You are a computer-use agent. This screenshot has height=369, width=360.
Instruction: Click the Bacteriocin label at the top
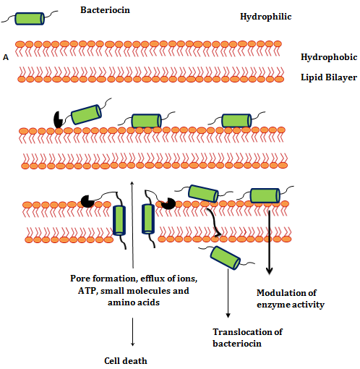coord(105,10)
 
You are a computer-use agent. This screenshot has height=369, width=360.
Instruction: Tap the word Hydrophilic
coord(266,17)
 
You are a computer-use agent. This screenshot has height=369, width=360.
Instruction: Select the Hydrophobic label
coord(329,57)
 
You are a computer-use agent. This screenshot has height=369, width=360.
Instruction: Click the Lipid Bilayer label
coord(329,77)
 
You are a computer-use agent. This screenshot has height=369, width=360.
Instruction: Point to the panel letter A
coord(6,57)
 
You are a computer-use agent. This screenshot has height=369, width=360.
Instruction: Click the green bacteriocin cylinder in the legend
coord(30,19)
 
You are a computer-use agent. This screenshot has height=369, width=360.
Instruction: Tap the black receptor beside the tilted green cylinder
coord(58,119)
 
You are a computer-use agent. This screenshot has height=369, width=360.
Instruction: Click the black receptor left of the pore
coord(87,201)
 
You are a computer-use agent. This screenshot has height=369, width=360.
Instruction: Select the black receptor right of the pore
coord(168,203)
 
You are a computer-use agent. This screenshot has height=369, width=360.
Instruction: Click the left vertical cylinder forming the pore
coord(119,221)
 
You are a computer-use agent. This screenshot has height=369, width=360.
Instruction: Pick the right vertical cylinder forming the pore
coord(148,219)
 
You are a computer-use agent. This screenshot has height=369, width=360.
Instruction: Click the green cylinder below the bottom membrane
coord(226,258)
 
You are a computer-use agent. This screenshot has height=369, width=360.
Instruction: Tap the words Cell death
coord(126,361)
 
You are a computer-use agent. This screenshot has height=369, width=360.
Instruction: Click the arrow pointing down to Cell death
coord(132,332)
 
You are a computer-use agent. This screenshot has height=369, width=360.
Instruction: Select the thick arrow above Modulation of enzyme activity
coord(269,242)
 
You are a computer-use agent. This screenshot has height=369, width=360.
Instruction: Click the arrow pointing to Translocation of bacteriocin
coord(228,294)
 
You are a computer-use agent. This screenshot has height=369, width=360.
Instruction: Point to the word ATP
coord(87,291)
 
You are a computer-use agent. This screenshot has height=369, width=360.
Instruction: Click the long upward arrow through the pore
coord(132,224)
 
